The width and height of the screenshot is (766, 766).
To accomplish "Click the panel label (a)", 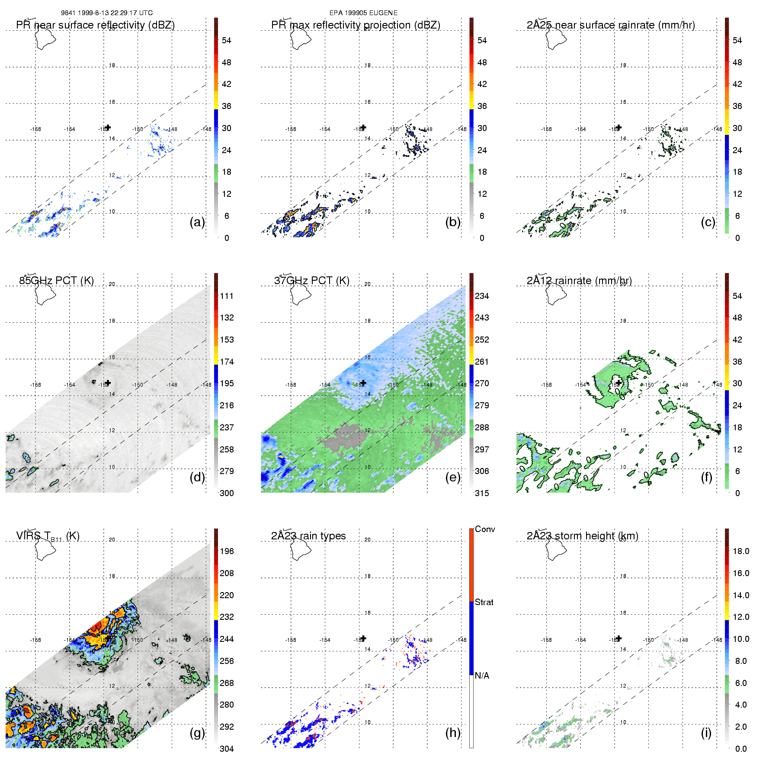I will [x=197, y=222].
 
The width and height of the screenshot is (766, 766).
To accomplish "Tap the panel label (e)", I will [x=452, y=478].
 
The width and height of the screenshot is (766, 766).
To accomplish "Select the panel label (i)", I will [x=706, y=733].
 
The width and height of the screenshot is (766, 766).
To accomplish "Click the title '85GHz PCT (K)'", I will [x=56, y=280].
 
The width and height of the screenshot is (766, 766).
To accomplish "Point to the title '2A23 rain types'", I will [x=308, y=536].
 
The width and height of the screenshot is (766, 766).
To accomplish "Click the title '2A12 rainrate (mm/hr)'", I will [x=579, y=280].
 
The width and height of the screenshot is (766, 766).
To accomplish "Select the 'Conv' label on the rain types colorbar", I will [x=485, y=529].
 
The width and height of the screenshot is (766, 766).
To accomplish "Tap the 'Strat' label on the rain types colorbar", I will [x=484, y=602].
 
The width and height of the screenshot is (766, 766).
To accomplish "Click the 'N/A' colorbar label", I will [x=482, y=676].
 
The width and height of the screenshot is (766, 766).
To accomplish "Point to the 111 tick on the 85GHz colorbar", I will [x=227, y=296].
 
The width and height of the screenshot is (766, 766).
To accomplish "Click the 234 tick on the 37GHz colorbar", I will [x=482, y=296].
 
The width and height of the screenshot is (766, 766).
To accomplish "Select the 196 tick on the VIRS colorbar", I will [x=227, y=551].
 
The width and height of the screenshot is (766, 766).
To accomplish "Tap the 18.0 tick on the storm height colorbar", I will [x=740, y=551].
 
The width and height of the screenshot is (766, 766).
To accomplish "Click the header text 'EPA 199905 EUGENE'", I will [x=363, y=13].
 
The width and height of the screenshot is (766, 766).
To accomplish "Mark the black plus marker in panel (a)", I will [x=108, y=127].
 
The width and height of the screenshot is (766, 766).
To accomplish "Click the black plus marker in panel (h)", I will [x=363, y=638].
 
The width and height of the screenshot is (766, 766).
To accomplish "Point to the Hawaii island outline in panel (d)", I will [x=45, y=294].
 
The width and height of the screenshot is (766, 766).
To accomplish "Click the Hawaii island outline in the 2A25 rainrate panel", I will [x=556, y=39].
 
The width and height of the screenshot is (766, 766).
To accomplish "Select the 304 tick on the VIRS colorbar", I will [x=227, y=749].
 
